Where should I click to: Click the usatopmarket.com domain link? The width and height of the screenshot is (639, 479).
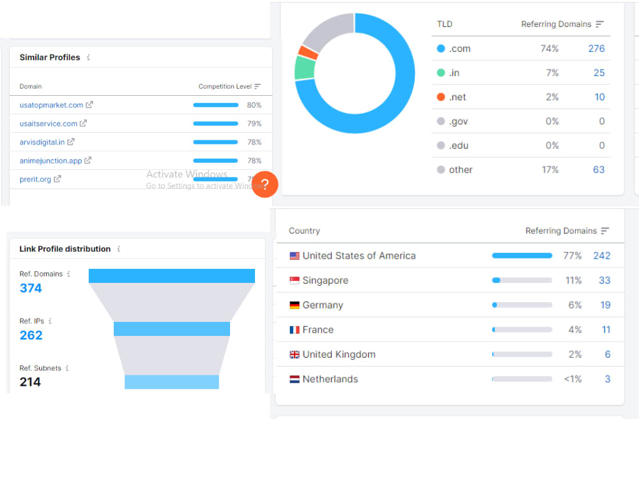click(x=51, y=105)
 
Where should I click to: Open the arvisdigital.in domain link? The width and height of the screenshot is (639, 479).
click(x=42, y=142)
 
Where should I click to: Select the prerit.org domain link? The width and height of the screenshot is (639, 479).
click(x=35, y=179)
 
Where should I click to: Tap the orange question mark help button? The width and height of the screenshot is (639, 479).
click(x=265, y=185)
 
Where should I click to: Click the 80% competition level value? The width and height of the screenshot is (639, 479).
click(x=254, y=105)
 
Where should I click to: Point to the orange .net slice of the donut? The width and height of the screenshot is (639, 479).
click(x=308, y=52)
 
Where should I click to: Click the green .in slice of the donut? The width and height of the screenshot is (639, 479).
click(x=304, y=68)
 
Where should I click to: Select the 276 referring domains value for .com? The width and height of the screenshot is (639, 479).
click(x=596, y=49)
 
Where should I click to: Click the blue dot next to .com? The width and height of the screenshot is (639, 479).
click(x=440, y=49)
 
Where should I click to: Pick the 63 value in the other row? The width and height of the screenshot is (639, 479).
click(x=599, y=170)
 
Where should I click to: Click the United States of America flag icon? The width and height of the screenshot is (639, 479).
click(x=294, y=256)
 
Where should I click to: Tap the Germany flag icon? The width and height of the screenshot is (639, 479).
click(x=294, y=305)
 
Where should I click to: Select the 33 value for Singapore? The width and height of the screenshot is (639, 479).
click(x=604, y=280)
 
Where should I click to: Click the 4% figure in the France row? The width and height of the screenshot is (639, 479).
click(x=575, y=330)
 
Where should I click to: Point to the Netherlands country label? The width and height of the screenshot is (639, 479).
click(x=330, y=379)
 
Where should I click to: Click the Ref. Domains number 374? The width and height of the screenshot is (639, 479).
click(x=31, y=288)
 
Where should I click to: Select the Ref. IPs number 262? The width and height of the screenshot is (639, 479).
click(x=31, y=335)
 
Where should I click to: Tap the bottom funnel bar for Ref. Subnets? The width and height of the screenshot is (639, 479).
click(x=171, y=382)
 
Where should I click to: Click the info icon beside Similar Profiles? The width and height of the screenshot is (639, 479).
click(x=88, y=57)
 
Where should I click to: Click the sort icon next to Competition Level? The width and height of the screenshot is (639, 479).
click(x=257, y=86)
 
